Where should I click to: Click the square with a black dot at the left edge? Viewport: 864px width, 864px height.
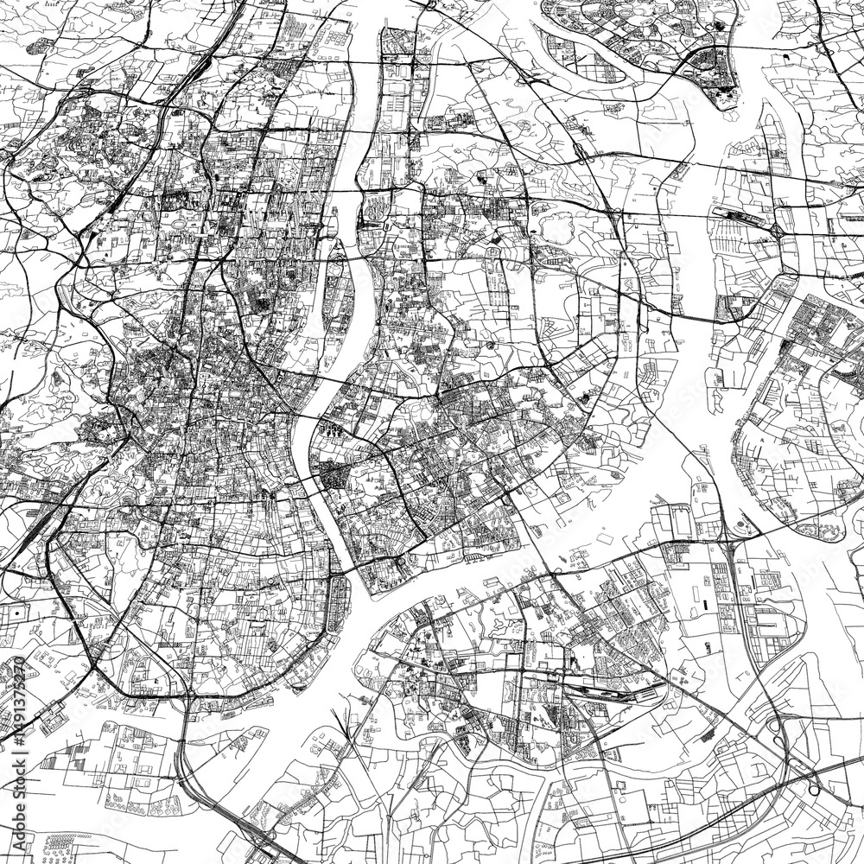click(16, 612)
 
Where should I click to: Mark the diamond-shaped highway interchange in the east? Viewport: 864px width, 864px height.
click(777, 230)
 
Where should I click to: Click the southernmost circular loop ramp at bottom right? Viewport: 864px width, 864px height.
click(813, 790)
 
